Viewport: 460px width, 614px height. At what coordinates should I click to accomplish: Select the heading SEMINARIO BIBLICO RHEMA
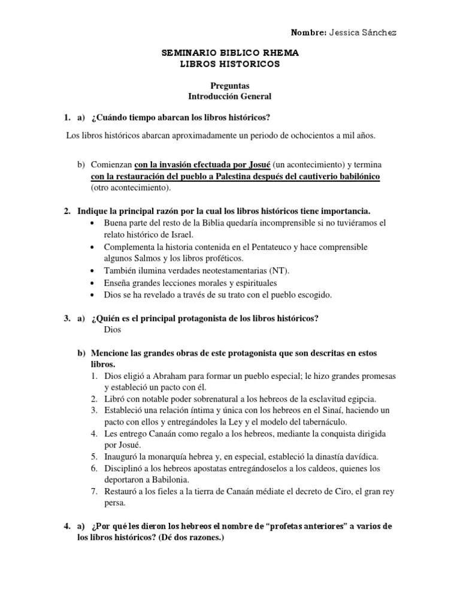pyautogui.click(x=230, y=53)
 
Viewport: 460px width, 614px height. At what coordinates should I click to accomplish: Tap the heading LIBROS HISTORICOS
pyautogui.click(x=230, y=64)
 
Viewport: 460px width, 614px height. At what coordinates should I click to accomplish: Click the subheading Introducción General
pyautogui.click(x=230, y=96)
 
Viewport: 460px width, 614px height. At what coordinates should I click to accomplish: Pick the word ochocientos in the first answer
pyautogui.click(x=307, y=136)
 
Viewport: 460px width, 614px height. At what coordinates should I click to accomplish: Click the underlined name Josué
pyautogui.click(x=258, y=164)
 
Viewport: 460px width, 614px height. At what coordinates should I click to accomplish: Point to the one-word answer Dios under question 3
pyautogui.click(x=112, y=329)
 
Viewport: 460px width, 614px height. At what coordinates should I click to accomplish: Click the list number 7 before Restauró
pyautogui.click(x=94, y=492)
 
